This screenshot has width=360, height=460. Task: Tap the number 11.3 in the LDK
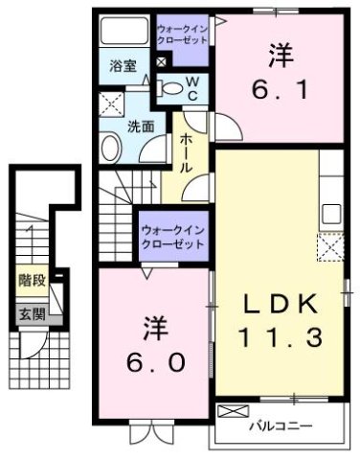click(280, 337)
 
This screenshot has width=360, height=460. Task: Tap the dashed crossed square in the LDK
click(331, 248)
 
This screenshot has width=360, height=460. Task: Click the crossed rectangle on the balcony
click(233, 411)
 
